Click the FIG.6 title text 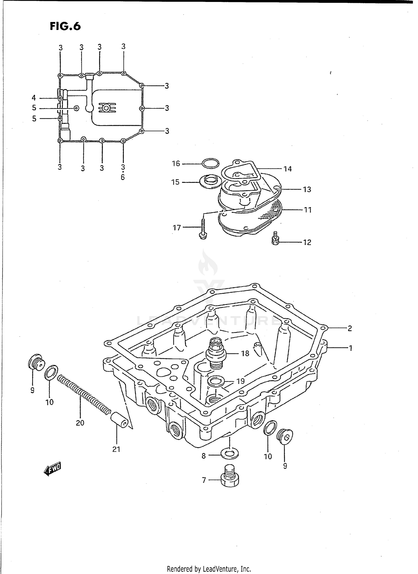65,26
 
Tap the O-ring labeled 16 210,163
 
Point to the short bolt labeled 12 275,239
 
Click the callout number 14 288,169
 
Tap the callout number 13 307,190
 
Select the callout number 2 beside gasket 350,328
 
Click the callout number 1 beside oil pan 351,348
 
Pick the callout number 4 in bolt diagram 34,98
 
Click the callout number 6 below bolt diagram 123,177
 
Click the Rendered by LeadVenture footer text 209,569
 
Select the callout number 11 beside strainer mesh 308,210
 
